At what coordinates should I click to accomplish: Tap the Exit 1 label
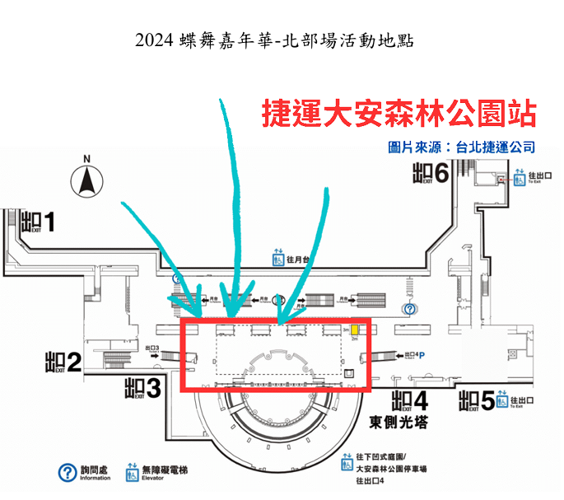[x=40, y=222]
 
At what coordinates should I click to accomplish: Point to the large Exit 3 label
[x=142, y=387]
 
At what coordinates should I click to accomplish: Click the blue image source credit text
[x=461, y=147]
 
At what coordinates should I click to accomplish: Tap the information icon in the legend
[x=67, y=473]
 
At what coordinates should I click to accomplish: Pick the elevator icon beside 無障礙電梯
[x=132, y=474]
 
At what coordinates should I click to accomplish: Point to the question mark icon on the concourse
[x=410, y=309]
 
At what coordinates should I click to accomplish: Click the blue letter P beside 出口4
[x=430, y=356]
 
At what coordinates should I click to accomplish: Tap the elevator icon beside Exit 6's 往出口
[x=519, y=177]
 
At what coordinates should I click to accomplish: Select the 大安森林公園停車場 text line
[x=389, y=470]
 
